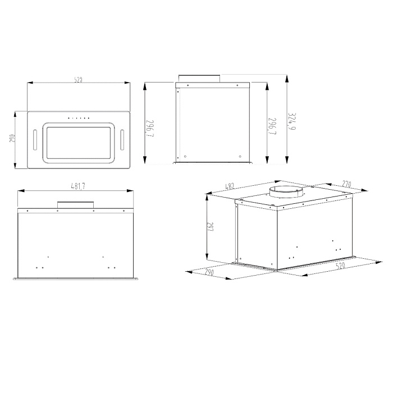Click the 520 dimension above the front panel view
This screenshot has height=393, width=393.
(x=79, y=80)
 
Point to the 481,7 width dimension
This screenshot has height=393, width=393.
(x=79, y=186)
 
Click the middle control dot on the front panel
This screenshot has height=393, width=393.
(x=79, y=118)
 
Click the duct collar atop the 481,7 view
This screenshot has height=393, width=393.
(x=75, y=204)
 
